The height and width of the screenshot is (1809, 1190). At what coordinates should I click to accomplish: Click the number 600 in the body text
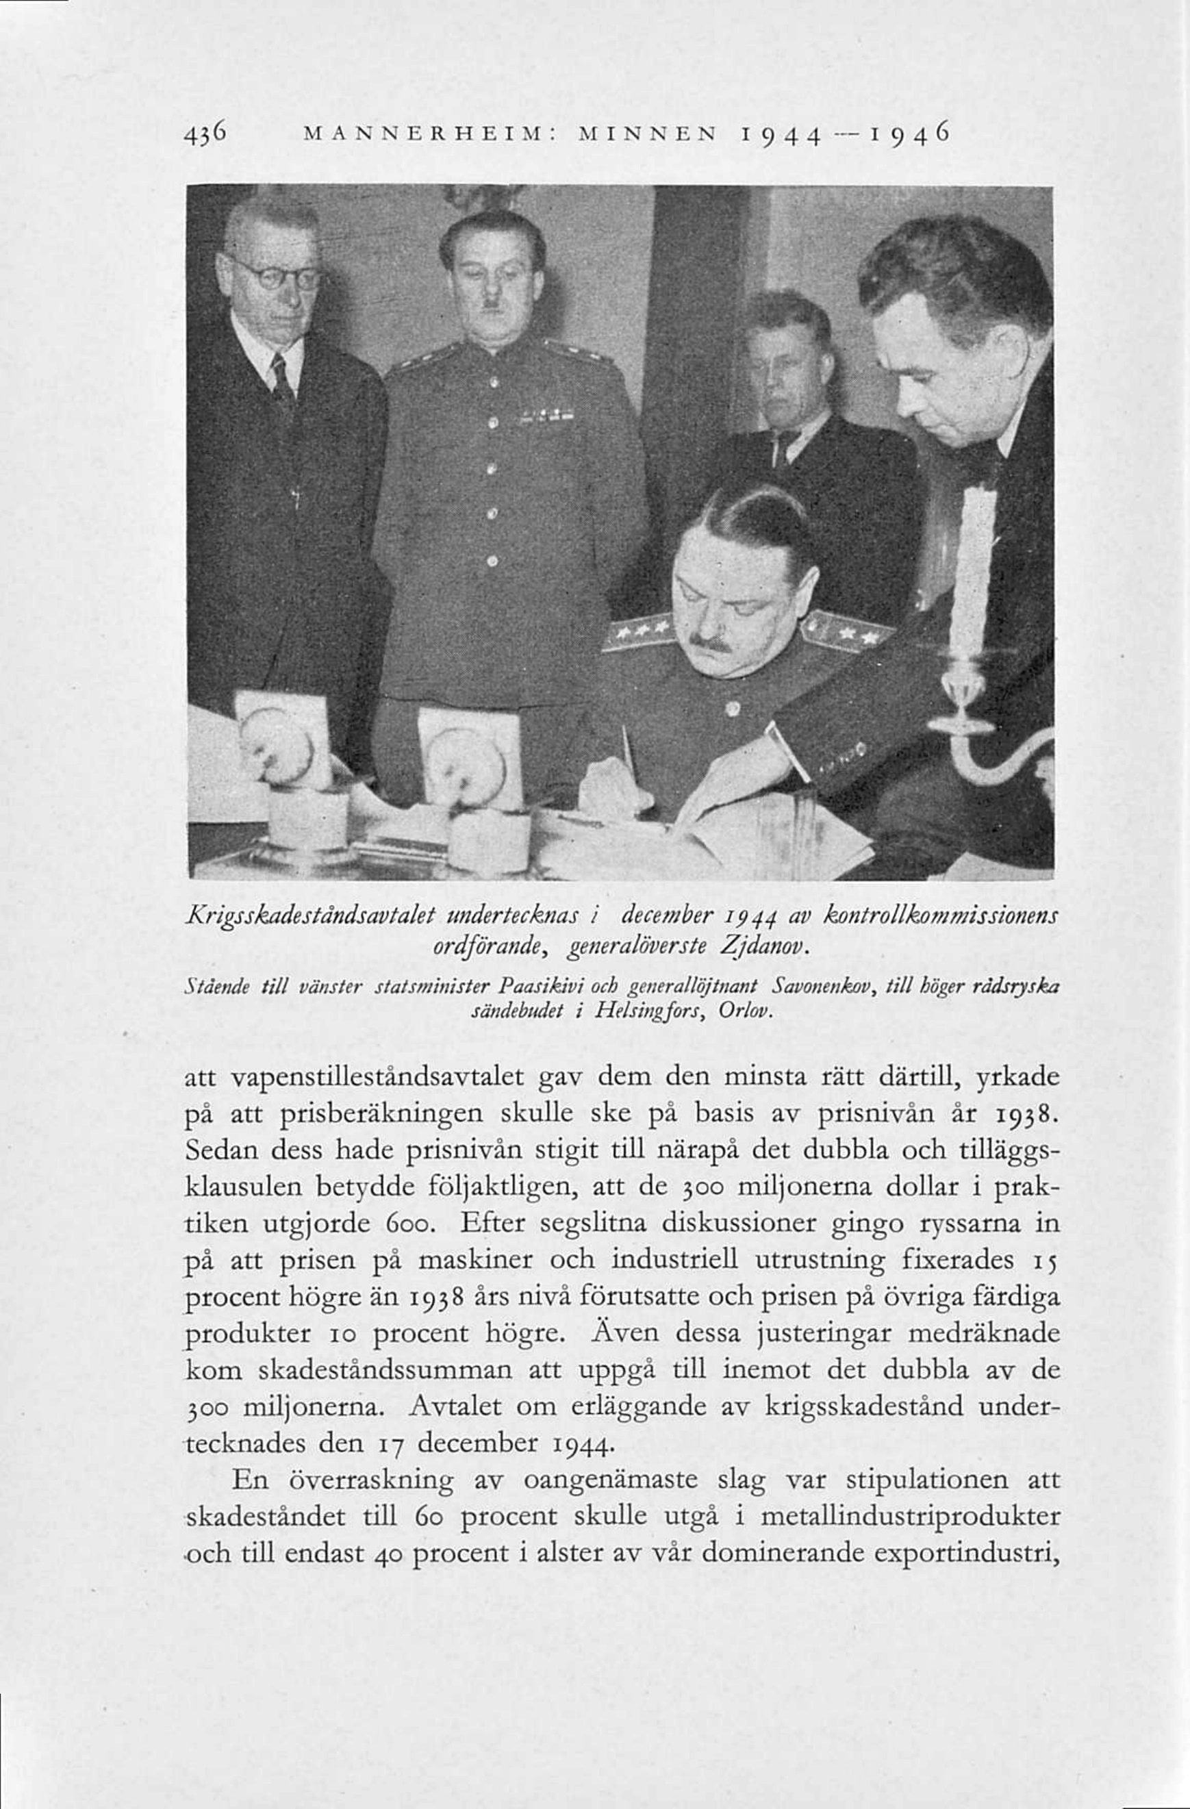click(416, 1224)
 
